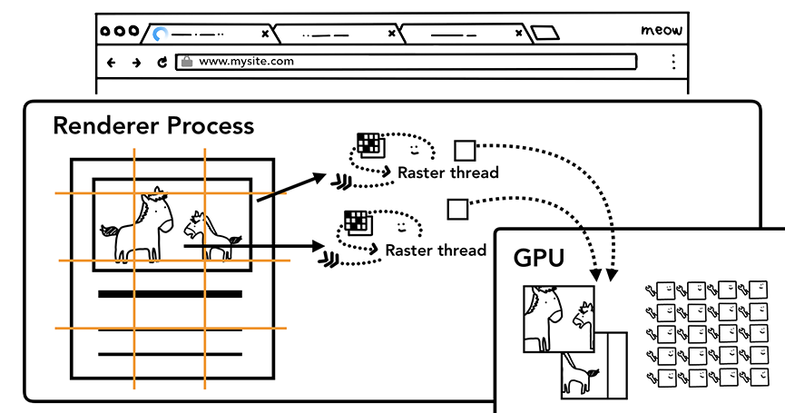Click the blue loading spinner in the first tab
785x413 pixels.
161,34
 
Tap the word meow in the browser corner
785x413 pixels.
661,31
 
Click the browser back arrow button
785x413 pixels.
112,63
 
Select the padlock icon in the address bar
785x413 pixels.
187,62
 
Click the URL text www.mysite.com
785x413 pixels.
246,62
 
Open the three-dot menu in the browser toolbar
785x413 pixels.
672,62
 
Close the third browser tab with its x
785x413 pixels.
519,34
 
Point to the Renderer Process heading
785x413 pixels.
153,125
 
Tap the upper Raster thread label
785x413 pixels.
448,172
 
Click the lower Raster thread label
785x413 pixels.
436,250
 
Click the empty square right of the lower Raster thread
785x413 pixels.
456,210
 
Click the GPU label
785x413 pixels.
539,258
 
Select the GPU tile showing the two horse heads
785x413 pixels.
558,319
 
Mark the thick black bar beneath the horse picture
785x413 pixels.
170,294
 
